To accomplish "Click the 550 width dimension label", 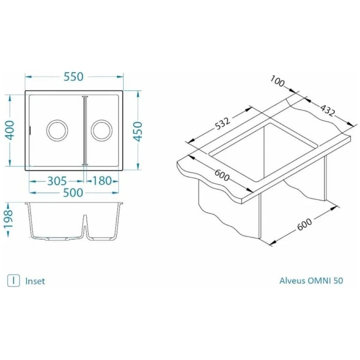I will (74, 77).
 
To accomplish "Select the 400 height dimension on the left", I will (10, 131).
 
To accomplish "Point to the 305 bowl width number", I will (57, 181).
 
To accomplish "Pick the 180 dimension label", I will (102, 181).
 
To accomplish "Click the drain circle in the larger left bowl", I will (57, 130).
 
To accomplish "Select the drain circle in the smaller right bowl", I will (102, 130).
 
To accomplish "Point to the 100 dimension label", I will (277, 82).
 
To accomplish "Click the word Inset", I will (35, 281).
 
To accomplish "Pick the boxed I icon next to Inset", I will (14, 281).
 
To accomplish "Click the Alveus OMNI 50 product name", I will (311, 281).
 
